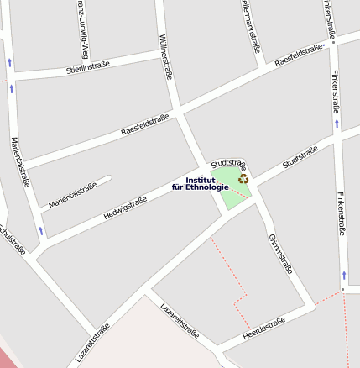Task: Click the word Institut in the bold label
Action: click(x=201, y=180)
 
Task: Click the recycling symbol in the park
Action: click(x=243, y=178)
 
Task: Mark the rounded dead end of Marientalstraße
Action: click(x=107, y=178)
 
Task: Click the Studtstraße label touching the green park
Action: click(x=228, y=163)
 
